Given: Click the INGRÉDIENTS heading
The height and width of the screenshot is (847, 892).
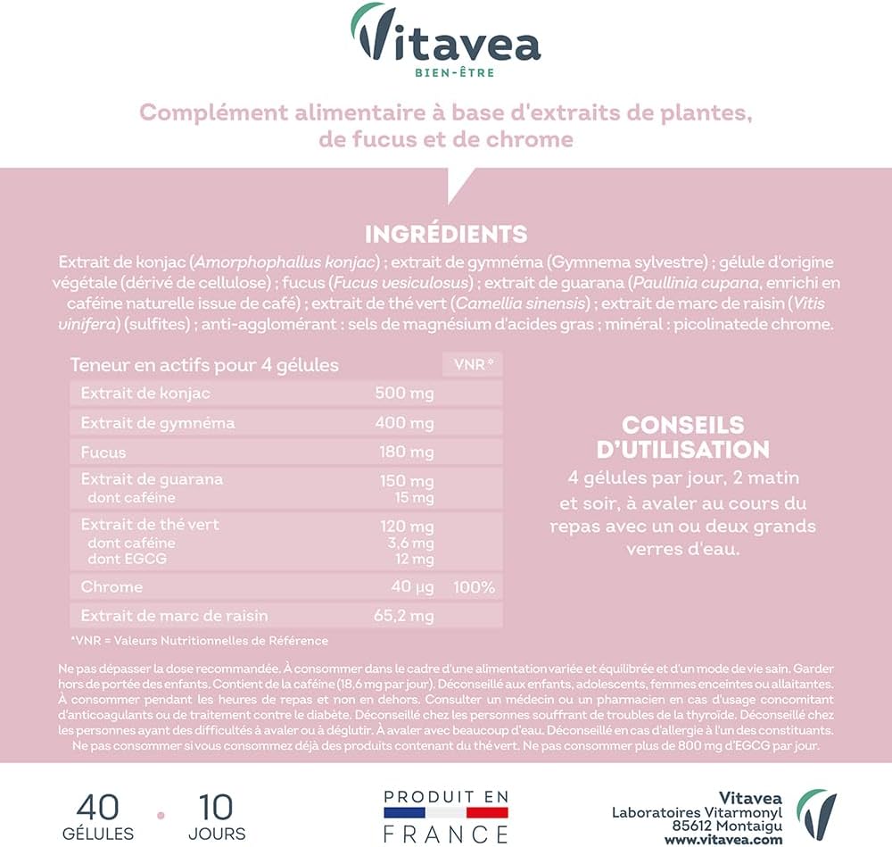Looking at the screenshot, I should pos(446,235).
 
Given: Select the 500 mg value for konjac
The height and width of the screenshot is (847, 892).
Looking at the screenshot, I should pos(407,394).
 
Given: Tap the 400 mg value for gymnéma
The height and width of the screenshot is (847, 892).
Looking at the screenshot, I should pos(407,423).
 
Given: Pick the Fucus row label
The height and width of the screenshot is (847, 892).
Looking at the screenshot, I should pos(103,453).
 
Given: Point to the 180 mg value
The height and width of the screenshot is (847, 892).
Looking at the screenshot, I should pos(407,453).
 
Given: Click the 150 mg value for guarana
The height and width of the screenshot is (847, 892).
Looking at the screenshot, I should pos(407,480).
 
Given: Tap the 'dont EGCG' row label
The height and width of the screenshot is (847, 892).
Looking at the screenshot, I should pos(127,559).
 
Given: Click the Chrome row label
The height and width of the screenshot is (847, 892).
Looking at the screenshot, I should pos(111,587).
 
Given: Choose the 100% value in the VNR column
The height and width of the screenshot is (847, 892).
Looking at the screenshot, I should pos(474,587).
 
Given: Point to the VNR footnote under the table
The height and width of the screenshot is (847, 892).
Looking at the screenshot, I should pos(199,641).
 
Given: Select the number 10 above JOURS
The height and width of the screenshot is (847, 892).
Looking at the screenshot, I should pos(216,807).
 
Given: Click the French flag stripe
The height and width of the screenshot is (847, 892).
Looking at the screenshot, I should pos(445,813).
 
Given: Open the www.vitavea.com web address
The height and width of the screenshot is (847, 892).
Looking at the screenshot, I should pos(723,840).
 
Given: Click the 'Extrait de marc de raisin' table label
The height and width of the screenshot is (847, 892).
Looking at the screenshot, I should pos(174,616).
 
